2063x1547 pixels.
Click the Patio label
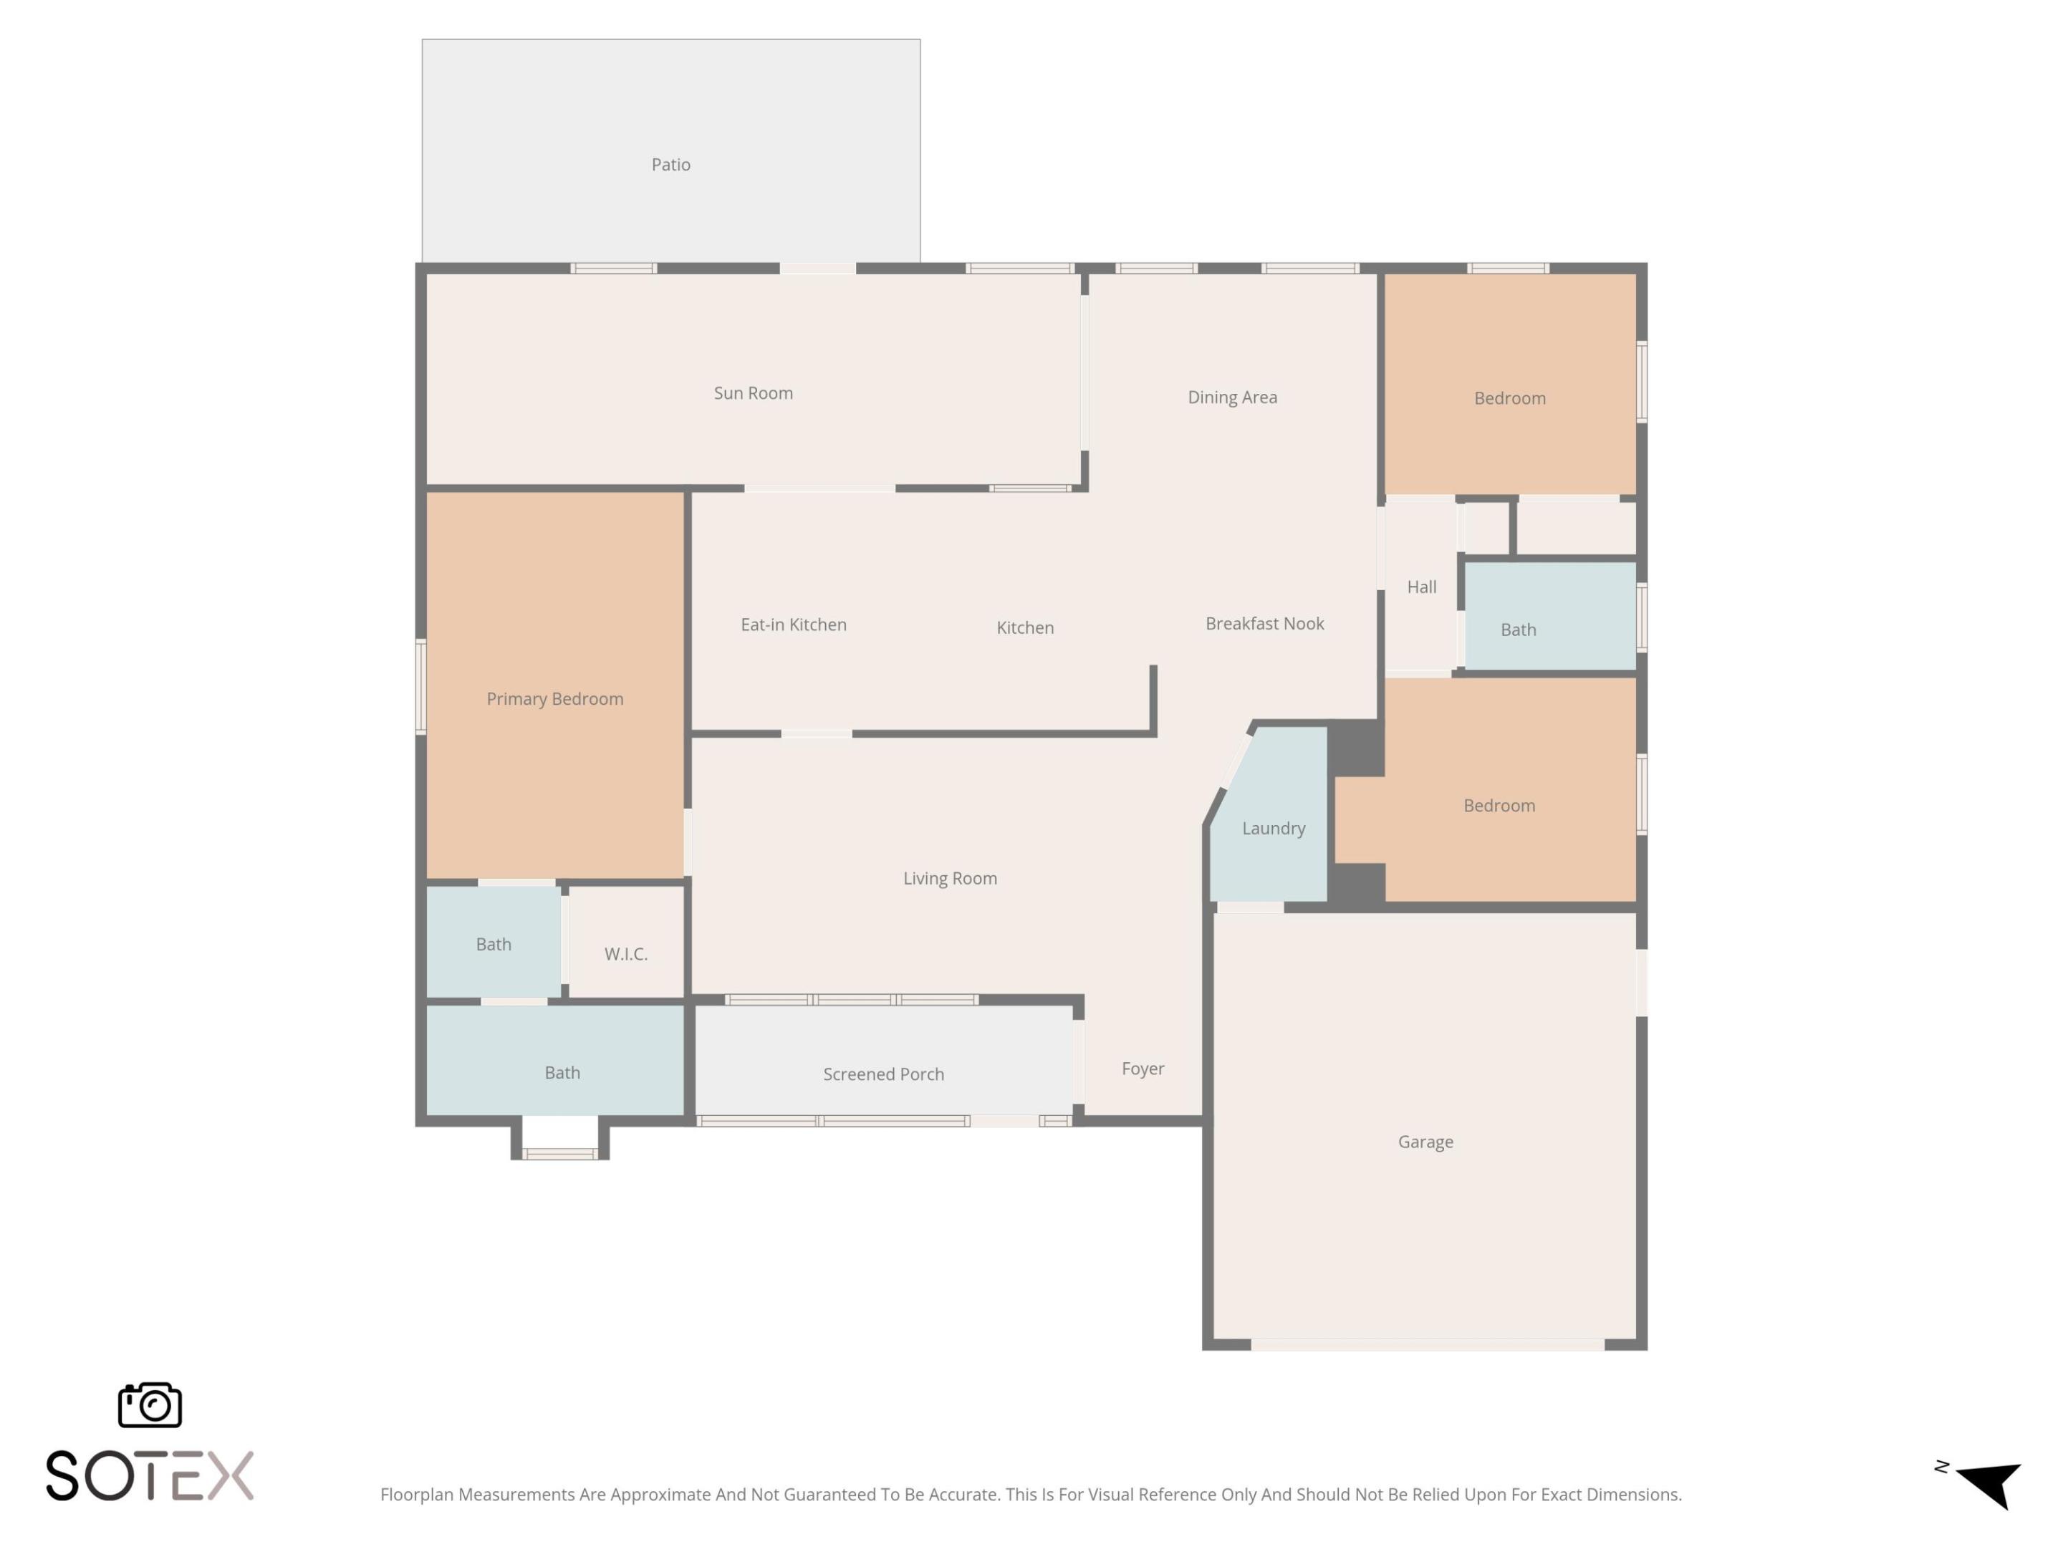click(x=670, y=165)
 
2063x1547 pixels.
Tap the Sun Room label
click(x=753, y=393)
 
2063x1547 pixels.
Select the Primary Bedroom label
click(x=555, y=699)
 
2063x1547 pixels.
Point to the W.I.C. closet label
click(x=626, y=954)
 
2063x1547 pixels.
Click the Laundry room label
click(x=1273, y=829)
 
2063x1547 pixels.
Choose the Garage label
click(x=1425, y=1142)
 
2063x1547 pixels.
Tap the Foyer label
click(x=1143, y=1069)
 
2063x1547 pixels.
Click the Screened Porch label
click(x=883, y=1075)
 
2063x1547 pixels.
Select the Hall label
click(x=1421, y=587)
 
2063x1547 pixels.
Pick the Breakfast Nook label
click(x=1264, y=624)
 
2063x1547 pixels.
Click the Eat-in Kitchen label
click(x=794, y=625)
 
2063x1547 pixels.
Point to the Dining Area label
click(x=1232, y=397)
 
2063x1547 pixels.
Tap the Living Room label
click(x=949, y=878)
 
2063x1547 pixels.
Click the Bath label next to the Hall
click(x=1517, y=630)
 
